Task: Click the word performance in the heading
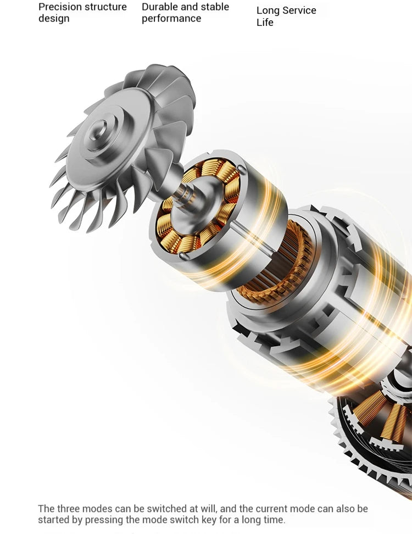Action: [171, 19]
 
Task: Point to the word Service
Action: [299, 10]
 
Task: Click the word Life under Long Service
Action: [265, 23]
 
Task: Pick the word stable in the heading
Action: [215, 7]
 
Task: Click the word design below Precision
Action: [54, 19]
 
